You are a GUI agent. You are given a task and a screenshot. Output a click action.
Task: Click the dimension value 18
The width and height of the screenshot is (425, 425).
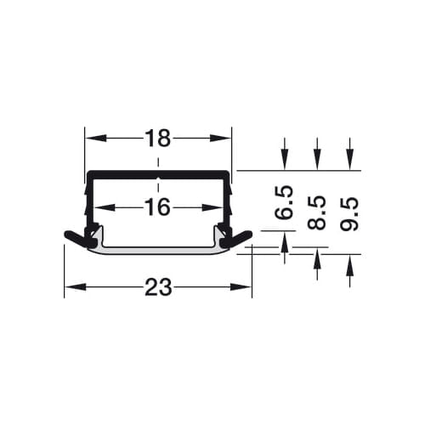(x=158, y=139)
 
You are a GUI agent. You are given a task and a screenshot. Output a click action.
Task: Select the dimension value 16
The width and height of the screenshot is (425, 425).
(x=157, y=207)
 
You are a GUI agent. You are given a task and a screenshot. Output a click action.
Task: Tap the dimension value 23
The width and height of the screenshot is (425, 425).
(x=158, y=287)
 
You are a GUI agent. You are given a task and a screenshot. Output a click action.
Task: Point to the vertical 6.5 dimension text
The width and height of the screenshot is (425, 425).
(x=284, y=202)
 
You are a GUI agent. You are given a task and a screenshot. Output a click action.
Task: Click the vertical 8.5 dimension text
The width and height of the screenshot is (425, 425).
(x=317, y=212)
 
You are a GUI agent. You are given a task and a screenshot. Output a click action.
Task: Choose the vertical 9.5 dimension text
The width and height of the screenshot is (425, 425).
(x=349, y=214)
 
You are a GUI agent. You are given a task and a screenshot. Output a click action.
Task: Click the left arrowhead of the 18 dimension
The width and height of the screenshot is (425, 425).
(x=96, y=139)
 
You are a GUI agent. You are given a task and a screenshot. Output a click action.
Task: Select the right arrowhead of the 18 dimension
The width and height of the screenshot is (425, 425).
(x=221, y=139)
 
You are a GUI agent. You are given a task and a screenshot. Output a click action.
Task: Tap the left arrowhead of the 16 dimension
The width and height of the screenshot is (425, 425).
(x=105, y=207)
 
